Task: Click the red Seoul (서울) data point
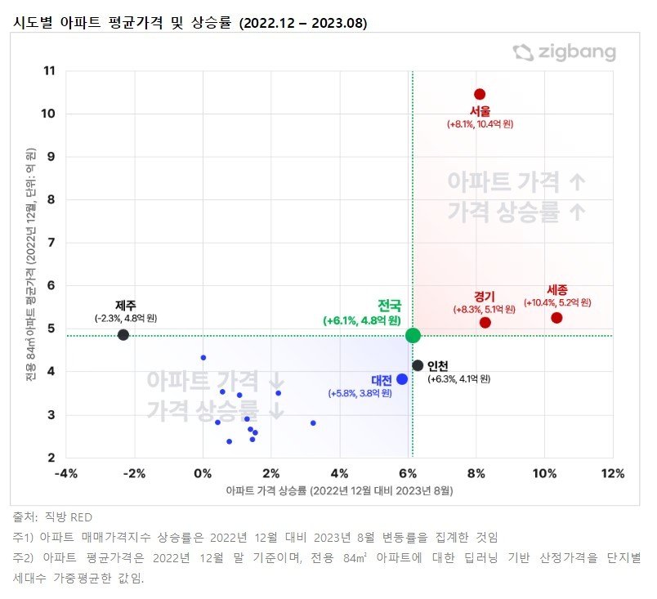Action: pos(480,94)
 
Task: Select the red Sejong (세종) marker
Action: pos(556,318)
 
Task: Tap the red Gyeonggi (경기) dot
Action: pos(485,323)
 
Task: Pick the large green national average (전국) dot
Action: pos(413,335)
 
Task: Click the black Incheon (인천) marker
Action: pos(418,365)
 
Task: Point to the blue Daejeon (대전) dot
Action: pos(402,379)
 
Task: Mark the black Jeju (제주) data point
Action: pos(123,335)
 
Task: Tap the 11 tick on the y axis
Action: pos(50,71)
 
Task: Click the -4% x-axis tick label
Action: pos(65,474)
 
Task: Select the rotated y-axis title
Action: pos(32,265)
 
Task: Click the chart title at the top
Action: pos(189,23)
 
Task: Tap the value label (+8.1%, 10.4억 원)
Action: pos(480,124)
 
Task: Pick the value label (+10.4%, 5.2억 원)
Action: pos(556,302)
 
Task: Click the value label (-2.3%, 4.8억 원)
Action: pos(125,317)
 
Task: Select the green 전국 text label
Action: pos(389,306)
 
